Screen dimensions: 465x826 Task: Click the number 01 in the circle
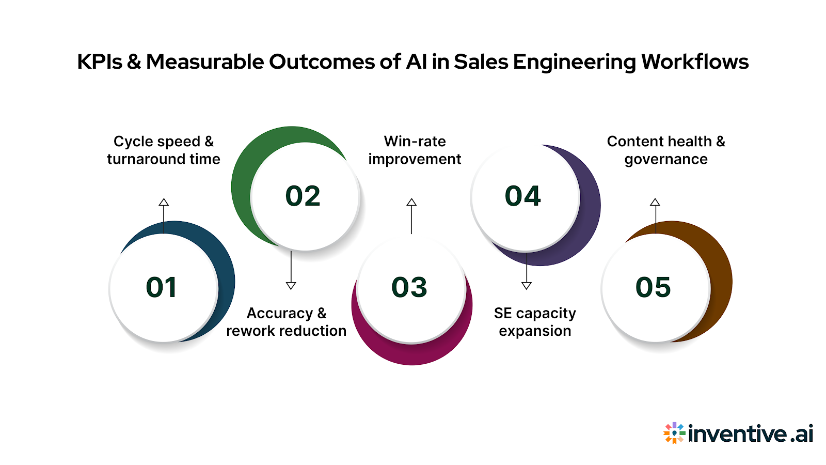coord(162,287)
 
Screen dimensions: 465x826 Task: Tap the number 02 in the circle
coord(303,196)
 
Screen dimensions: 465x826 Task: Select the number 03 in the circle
coord(409,287)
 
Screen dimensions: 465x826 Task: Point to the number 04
coord(523,196)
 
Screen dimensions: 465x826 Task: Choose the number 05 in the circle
coord(653,287)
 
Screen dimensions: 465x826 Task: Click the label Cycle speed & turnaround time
coord(163,150)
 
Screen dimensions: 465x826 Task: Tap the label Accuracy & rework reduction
coord(287,322)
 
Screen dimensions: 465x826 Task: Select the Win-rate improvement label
coord(415,150)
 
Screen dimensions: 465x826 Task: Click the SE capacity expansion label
coord(535,322)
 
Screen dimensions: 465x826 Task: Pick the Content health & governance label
coord(666,150)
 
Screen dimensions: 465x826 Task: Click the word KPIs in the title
coord(100,62)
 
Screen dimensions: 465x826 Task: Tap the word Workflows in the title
coord(694,62)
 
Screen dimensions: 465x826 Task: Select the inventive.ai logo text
coord(751,433)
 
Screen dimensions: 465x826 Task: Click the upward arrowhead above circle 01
coord(164,202)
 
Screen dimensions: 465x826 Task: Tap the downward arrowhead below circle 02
coord(291,286)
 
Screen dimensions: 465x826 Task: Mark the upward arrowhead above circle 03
coord(411,202)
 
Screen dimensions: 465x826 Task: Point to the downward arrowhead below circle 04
coord(527,286)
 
